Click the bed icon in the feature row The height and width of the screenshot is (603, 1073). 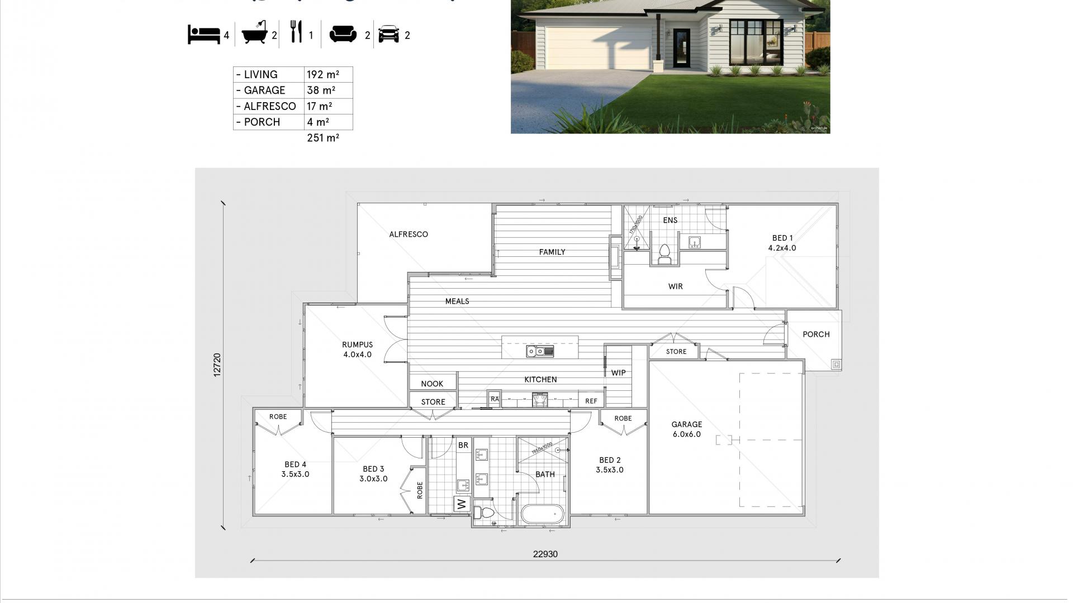pos(204,35)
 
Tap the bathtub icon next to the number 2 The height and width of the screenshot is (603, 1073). pos(255,34)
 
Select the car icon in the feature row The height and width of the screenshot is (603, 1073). pos(389,35)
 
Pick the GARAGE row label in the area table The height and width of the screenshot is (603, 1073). pos(264,90)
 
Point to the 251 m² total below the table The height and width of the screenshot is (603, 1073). pos(322,138)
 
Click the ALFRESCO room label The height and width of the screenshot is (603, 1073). pos(409,234)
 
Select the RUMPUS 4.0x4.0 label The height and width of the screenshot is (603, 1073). pos(357,350)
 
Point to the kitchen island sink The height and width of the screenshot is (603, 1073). pos(539,351)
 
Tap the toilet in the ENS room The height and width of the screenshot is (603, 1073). pos(664,254)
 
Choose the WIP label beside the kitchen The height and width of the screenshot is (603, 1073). pos(618,373)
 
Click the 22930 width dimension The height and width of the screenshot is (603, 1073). pos(545,554)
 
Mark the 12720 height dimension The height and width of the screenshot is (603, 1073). pos(217,365)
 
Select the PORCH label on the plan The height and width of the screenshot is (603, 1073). pos(816,334)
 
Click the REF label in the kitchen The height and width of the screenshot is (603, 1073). pos(591,401)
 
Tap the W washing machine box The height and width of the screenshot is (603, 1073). pos(462,504)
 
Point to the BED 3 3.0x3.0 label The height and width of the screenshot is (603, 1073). pos(373,474)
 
